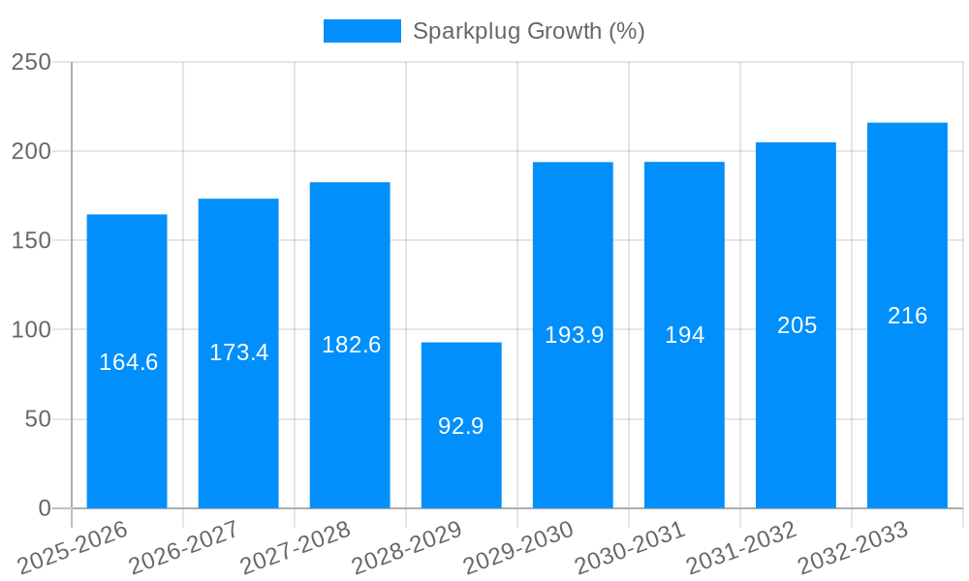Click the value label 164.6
(128, 362)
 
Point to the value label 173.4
(238, 352)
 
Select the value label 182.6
(351, 345)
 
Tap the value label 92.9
(461, 426)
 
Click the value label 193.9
(574, 335)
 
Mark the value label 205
(797, 325)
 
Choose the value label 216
(907, 316)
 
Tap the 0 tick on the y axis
(44, 508)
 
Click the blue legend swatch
(361, 31)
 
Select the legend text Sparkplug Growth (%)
(528, 31)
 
